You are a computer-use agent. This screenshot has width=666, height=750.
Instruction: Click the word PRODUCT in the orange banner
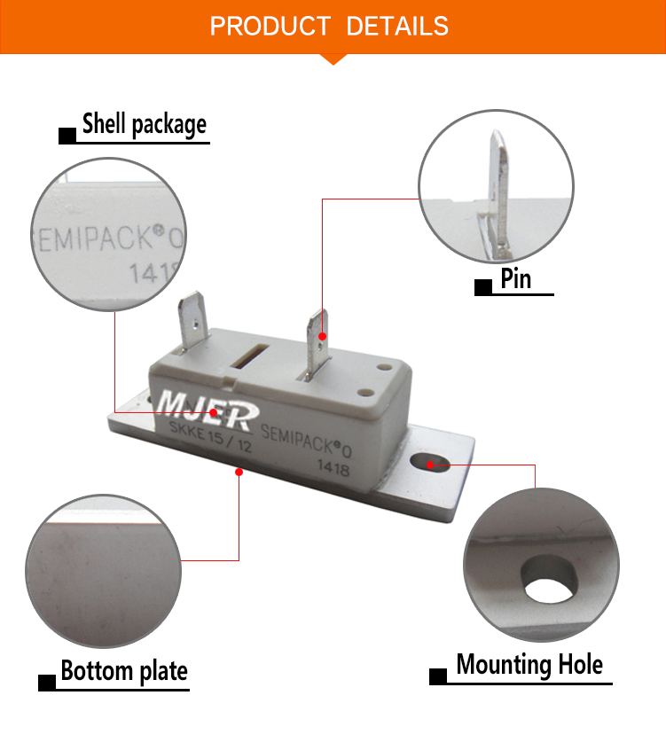coord(270,26)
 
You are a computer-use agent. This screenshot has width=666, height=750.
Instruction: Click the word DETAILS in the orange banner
coord(397,26)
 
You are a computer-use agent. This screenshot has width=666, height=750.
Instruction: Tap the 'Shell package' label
coord(144,124)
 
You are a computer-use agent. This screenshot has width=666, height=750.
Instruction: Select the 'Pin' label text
coord(516,278)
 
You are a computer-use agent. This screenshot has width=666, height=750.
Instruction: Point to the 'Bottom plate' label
coord(124,670)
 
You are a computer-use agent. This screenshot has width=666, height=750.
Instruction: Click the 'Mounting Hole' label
coord(529,664)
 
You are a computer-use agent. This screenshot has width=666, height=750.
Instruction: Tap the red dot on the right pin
coord(323,337)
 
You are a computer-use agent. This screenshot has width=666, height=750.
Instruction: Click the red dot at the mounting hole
coord(429,465)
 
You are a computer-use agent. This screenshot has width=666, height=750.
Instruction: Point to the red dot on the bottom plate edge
coord(239,473)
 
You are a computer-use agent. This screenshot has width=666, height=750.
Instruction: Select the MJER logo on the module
coord(208,410)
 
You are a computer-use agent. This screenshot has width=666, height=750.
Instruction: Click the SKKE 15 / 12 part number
coord(210,437)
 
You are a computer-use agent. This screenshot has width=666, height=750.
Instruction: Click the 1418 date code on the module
coord(333,468)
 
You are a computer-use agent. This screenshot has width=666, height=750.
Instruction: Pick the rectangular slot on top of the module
coord(249,355)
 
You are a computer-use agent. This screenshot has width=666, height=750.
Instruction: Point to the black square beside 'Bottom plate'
coord(47,683)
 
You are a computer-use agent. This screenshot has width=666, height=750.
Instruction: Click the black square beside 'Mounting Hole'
coord(438,676)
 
